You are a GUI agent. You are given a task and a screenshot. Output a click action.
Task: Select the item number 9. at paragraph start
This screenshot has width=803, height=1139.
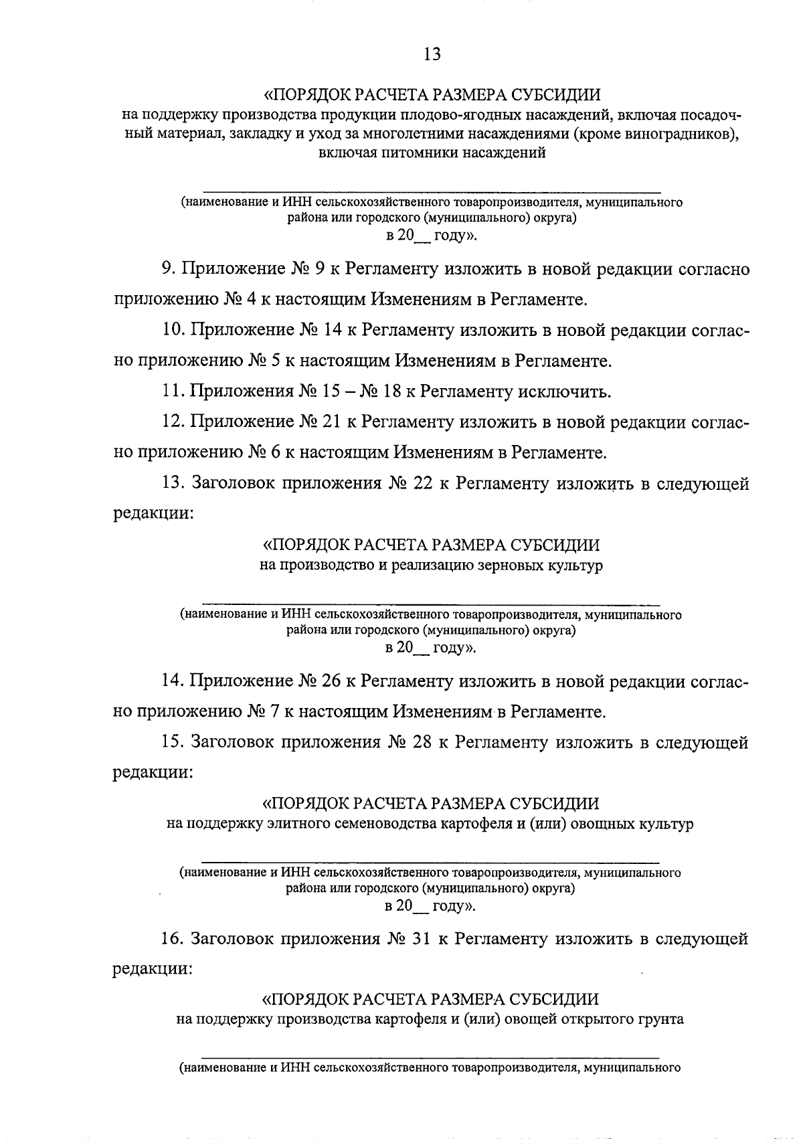(168, 270)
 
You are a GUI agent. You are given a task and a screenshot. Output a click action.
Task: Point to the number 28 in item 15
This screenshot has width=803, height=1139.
(418, 743)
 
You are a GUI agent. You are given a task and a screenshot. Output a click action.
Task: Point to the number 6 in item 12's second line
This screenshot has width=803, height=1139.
(272, 453)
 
